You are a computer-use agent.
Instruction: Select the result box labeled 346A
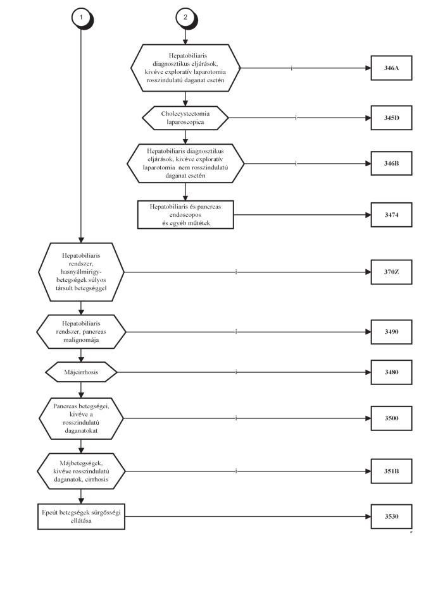[x=391, y=68]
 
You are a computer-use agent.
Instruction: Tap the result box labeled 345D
[x=391, y=118]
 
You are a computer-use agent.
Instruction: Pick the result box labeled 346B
[x=391, y=164]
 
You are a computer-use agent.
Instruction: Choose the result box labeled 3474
[x=391, y=215]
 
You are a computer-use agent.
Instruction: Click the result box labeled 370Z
[x=391, y=272]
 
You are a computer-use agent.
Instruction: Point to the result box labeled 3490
[x=391, y=332]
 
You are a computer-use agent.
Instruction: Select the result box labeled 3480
[x=391, y=372]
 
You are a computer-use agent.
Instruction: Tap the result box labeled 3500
[x=391, y=418]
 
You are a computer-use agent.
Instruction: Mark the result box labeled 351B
[x=391, y=471]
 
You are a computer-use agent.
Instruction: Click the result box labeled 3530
[x=391, y=516]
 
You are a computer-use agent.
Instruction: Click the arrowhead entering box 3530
[x=368, y=516]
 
